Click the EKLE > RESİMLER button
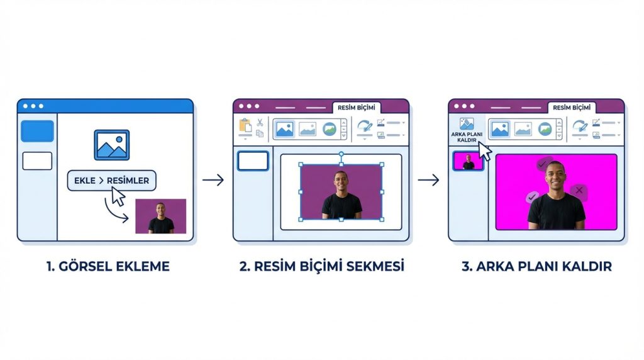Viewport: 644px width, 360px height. tap(111, 181)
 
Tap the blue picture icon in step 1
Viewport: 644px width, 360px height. tap(111, 145)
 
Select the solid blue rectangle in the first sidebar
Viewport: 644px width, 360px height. tap(37, 131)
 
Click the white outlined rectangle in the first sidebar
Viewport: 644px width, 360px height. tap(37, 161)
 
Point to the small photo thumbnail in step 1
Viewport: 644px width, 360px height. tap(160, 216)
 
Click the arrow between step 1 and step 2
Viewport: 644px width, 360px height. tap(213, 181)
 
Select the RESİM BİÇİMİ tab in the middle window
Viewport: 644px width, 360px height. tap(357, 108)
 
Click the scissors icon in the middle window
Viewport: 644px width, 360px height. tap(259, 123)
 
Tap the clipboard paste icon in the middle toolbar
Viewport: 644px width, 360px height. tap(245, 126)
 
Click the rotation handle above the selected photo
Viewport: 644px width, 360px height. tap(341, 154)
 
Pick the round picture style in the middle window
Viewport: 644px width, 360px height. tap(330, 129)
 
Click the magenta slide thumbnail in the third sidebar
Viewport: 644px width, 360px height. tap(469, 161)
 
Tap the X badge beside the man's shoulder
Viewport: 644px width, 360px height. tap(577, 190)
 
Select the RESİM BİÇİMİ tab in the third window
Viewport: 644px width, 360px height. tap(572, 108)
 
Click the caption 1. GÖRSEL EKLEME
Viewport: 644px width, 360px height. tap(108, 266)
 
